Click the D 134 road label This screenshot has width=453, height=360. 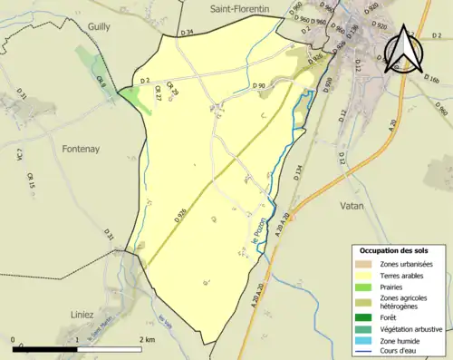click(297, 176)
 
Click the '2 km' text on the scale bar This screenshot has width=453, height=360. click(146, 339)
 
